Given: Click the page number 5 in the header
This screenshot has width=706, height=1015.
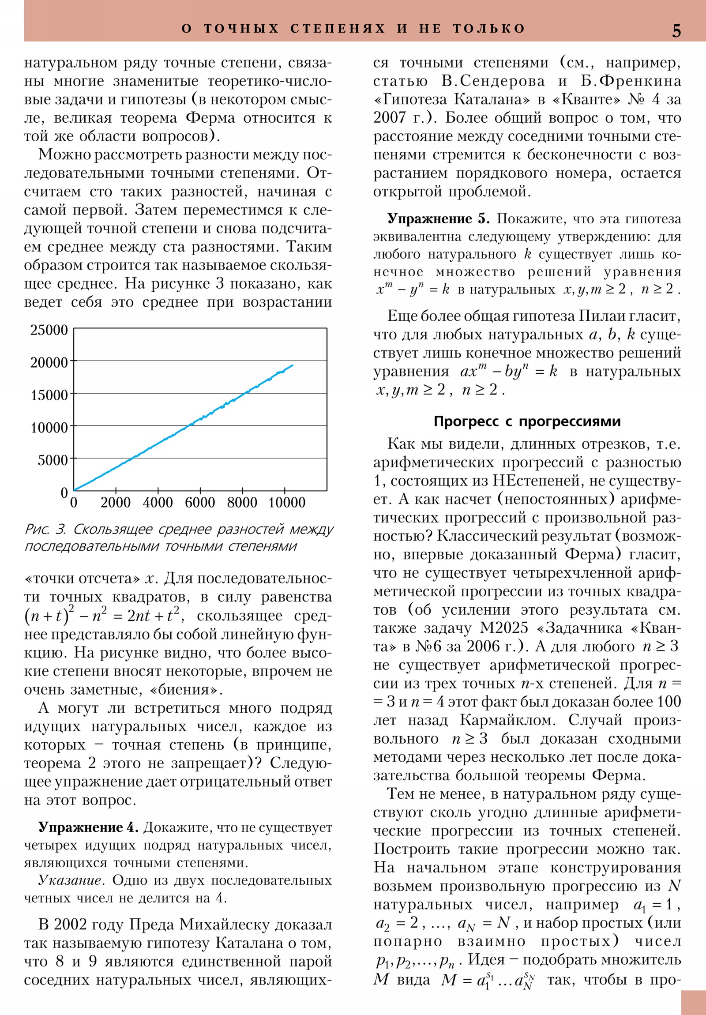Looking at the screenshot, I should coord(676,30).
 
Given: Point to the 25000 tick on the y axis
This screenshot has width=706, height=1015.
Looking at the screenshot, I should coord(49,330).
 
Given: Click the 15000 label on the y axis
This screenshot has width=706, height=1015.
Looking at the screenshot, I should coord(49,395).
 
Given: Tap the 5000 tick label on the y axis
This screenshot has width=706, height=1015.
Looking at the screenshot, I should coord(53,460).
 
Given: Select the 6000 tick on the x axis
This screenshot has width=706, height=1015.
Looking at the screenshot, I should coord(200,503).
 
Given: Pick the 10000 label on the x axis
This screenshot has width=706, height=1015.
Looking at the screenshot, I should coord(287,503).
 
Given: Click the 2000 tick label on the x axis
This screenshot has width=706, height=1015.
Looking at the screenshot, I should coord(115,503).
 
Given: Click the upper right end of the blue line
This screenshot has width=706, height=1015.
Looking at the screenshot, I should coord(293,365).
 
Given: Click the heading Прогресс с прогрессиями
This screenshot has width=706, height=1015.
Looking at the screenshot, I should coord(527,421).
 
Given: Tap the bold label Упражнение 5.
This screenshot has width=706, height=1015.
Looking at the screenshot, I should coord(439,219).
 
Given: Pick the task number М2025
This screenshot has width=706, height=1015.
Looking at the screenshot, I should coord(503,628).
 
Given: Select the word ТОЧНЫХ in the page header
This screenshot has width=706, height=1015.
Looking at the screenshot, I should coord(241,29).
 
